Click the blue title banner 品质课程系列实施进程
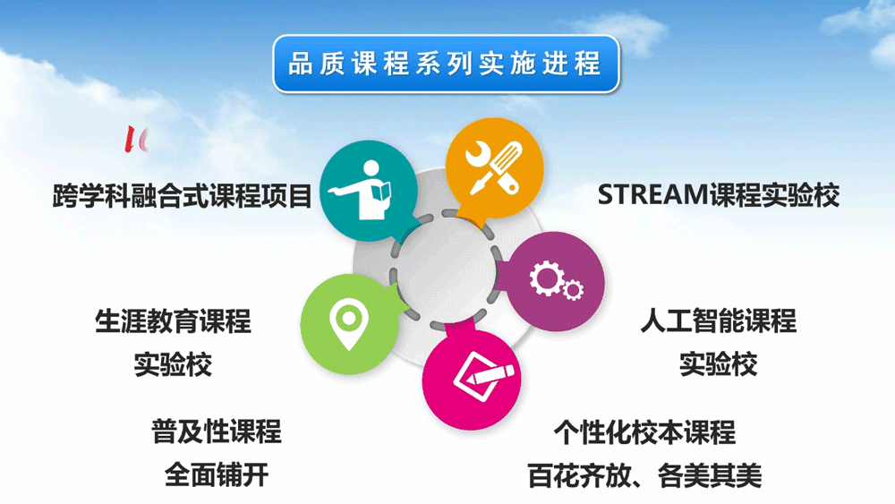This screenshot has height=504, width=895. [x=446, y=64]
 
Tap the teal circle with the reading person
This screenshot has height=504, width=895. [x=368, y=191]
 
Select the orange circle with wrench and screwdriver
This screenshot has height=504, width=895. [x=494, y=168]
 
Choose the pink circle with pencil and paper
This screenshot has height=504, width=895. [x=472, y=378]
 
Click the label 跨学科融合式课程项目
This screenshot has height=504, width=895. [x=182, y=196]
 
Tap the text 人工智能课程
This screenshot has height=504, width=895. [x=718, y=320]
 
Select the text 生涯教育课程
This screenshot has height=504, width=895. [x=173, y=320]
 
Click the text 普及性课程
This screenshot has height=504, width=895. [x=217, y=431]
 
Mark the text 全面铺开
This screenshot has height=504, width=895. [x=217, y=474]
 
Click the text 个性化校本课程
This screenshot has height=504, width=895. [x=644, y=432]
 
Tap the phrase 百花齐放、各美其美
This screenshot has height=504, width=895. [x=644, y=475]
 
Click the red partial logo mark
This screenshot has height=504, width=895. [x=136, y=139]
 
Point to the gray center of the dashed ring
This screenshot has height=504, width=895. [x=446, y=269]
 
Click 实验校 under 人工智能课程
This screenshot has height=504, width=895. [x=718, y=364]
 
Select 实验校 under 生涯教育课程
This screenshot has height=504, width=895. [x=173, y=364]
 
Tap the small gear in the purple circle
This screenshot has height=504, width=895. [x=573, y=290]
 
